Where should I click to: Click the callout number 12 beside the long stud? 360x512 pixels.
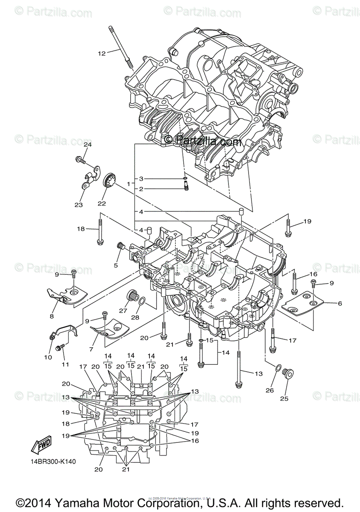pyautogui.click(x=101, y=53)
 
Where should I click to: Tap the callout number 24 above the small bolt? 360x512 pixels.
pyautogui.click(x=87, y=145)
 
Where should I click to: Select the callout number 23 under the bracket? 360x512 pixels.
pyautogui.click(x=78, y=205)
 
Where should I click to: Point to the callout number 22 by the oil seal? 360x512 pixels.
pyautogui.click(x=102, y=204)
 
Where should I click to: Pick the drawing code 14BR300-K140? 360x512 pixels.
pyautogui.click(x=53, y=462)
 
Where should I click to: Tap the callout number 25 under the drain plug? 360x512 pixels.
pyautogui.click(x=284, y=399)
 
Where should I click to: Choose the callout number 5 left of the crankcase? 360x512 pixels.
pyautogui.click(x=115, y=265)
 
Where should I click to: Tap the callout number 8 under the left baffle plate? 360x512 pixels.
pyautogui.click(x=52, y=316)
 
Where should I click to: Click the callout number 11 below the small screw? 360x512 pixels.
pyautogui.click(x=65, y=365)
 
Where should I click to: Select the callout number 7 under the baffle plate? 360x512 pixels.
pyautogui.click(x=91, y=349)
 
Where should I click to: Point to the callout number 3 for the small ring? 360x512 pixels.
pyautogui.click(x=140, y=179)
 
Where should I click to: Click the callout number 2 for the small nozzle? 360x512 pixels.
pyautogui.click(x=140, y=189)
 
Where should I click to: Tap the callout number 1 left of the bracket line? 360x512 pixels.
pyautogui.click(x=128, y=183)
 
